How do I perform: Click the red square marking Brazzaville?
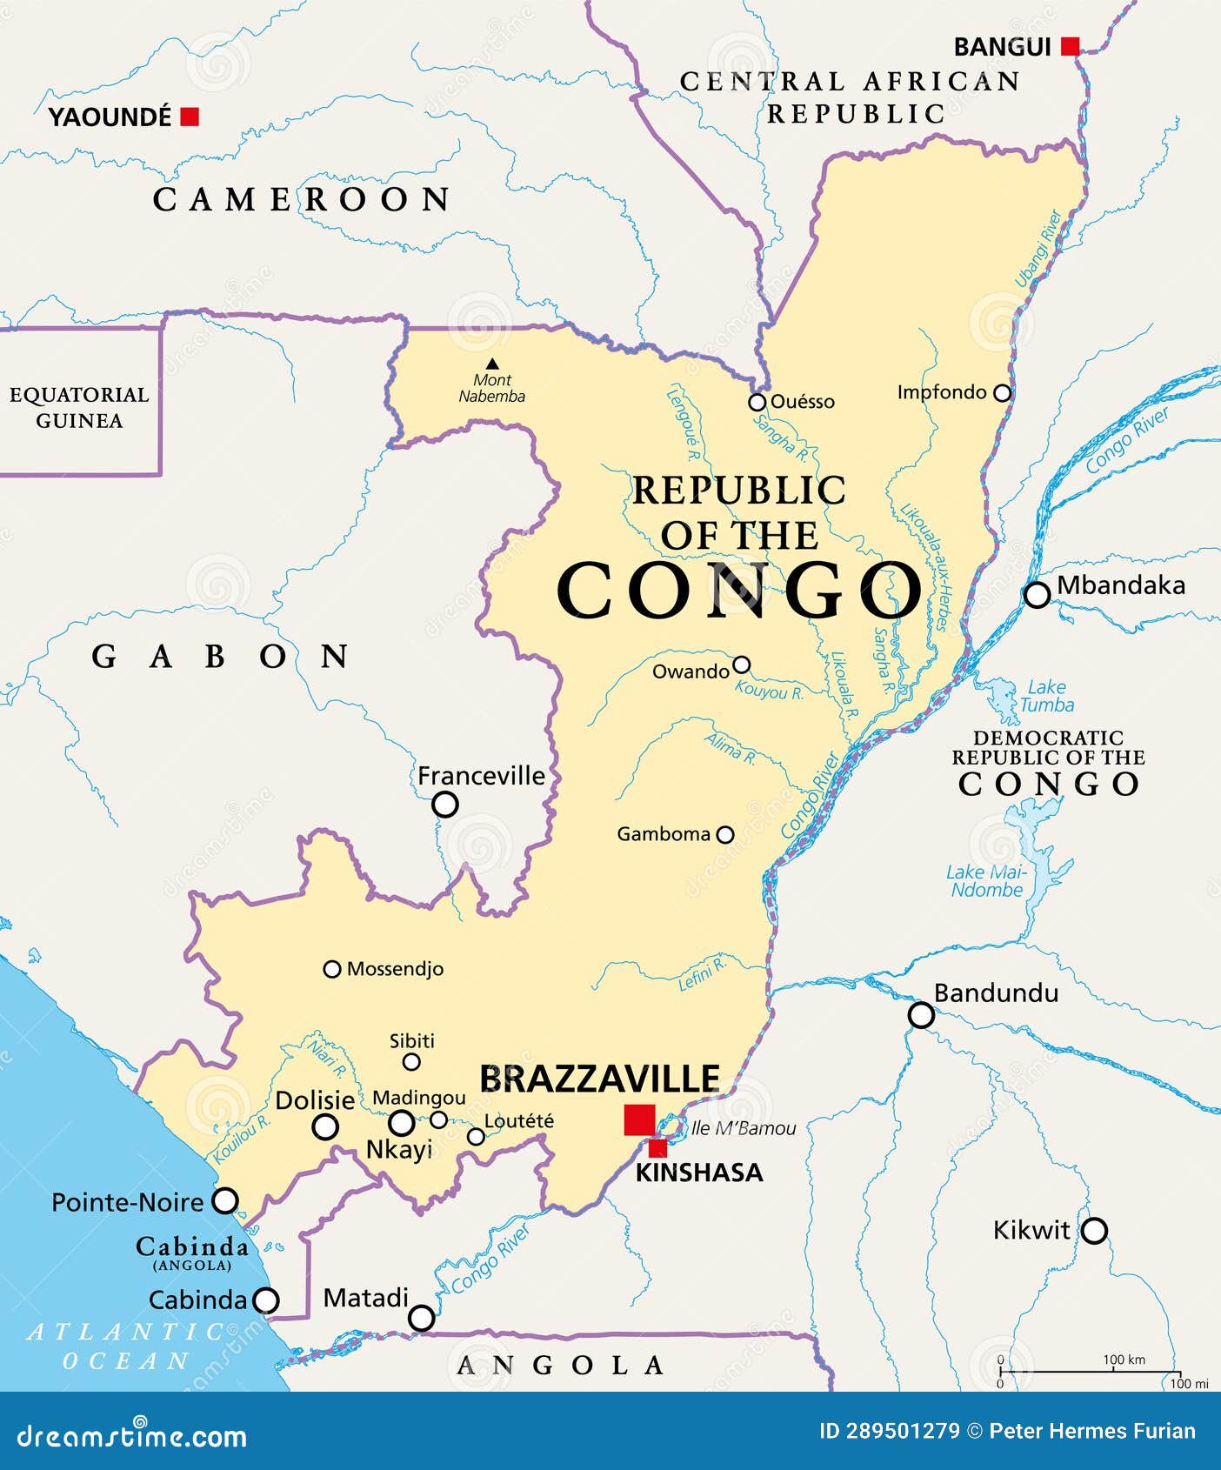pyautogui.click(x=639, y=1119)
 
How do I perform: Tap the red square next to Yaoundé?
pyautogui.click(x=190, y=116)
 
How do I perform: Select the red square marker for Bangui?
pyautogui.click(x=1071, y=46)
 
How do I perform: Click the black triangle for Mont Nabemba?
pyautogui.click(x=492, y=364)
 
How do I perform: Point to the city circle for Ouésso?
pyautogui.click(x=757, y=402)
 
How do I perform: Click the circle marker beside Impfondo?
pyautogui.click(x=1002, y=393)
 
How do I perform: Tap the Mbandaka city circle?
pyautogui.click(x=1037, y=595)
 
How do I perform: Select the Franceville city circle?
pyautogui.click(x=445, y=805)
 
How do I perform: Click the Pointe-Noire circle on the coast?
pyautogui.click(x=225, y=1201)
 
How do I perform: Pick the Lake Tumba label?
pyautogui.click(x=1046, y=697)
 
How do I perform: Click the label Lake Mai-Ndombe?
pyautogui.click(x=986, y=881)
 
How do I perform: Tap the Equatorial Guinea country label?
pyautogui.click(x=79, y=407)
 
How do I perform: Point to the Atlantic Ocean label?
pyautogui.click(x=126, y=1346)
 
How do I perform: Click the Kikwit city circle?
pyautogui.click(x=1094, y=1231)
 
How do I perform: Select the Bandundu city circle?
pyautogui.click(x=921, y=1015)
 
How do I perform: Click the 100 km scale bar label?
pyautogui.click(x=1124, y=1360)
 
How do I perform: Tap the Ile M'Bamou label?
pyautogui.click(x=744, y=1129)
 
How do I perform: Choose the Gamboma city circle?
pyautogui.click(x=724, y=835)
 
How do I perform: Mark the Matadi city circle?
pyautogui.click(x=422, y=1318)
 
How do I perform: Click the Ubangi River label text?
pyautogui.click(x=1038, y=248)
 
